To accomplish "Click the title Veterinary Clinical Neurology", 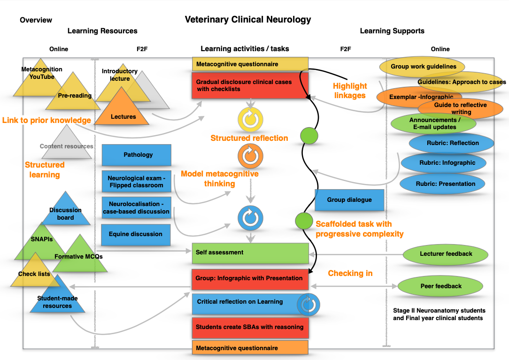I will tap(247, 20).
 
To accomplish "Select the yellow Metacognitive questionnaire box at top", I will tap(250, 64).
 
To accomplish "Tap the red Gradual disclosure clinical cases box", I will tap(250, 85).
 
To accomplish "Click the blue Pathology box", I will tap(137, 155).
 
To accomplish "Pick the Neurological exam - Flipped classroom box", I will tap(137, 182).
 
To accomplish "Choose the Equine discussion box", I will tap(137, 234).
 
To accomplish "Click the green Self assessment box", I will tap(250, 253).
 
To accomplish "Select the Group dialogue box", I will tap(349, 200).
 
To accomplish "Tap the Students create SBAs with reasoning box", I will tap(250, 327).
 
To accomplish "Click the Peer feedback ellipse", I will tap(441, 286).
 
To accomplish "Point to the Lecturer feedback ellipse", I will tap(446, 254).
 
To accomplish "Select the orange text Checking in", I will tap(350, 273).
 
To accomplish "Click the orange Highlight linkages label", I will tap(350, 91).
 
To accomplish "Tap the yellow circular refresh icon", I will tap(250, 119).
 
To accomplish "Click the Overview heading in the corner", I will tap(36, 20).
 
